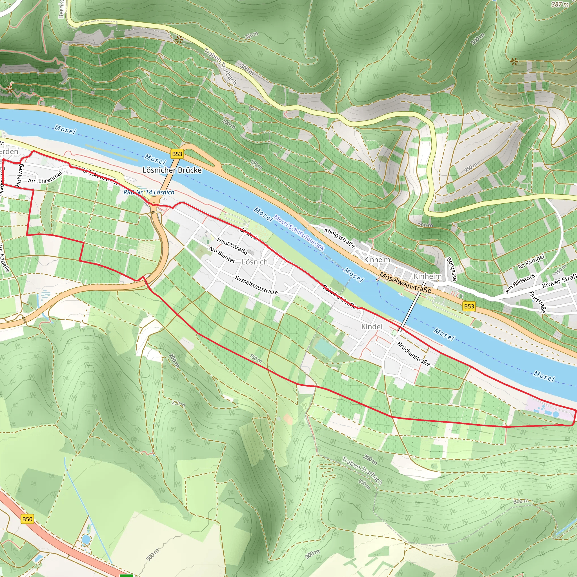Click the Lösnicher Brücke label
coord(172,170)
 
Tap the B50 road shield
coord(27,519)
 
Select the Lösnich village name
coord(254,262)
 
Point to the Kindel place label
coord(372,327)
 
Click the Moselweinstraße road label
coord(405,283)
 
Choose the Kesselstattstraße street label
coord(256,285)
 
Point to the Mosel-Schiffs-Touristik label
coord(299,233)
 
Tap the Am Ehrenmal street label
coord(45,177)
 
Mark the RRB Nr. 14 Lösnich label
coord(149,192)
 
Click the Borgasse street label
coord(451,269)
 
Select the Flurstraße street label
coord(537,302)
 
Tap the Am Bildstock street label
coord(520,283)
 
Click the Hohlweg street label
coord(19,175)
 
